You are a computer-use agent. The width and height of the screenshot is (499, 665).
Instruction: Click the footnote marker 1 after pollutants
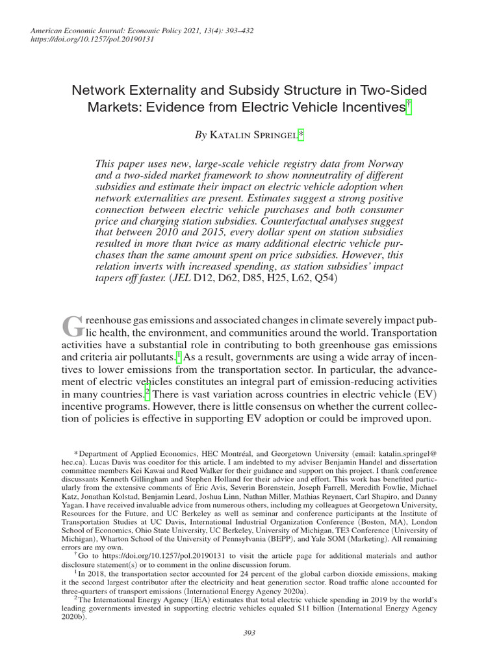[179, 357]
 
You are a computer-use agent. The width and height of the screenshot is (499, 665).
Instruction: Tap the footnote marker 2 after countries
[147, 394]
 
